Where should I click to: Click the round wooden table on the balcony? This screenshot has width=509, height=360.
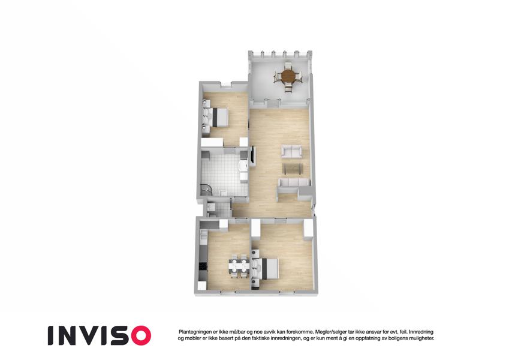pyautogui.click(x=288, y=76)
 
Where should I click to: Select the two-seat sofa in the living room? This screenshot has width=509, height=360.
pyautogui.click(x=291, y=152)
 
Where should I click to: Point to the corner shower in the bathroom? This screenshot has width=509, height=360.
pyautogui.click(x=206, y=190)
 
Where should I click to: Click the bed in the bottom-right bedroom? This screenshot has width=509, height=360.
pyautogui.click(x=265, y=268)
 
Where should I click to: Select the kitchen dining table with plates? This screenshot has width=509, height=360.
pyautogui.click(x=239, y=266)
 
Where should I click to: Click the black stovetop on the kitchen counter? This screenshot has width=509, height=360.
pyautogui.click(x=203, y=266)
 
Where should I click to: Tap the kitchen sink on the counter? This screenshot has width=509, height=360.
pyautogui.click(x=203, y=236)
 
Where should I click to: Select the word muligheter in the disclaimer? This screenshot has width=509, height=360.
pyautogui.click(x=421, y=338)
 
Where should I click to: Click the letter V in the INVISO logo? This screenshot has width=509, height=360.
pyautogui.click(x=92, y=335)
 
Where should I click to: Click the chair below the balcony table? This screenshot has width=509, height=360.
pyautogui.click(x=288, y=88)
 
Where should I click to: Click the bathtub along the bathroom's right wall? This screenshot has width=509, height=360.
pyautogui.click(x=243, y=170)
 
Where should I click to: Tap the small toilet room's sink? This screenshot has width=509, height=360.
pyautogui.click(x=210, y=207)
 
